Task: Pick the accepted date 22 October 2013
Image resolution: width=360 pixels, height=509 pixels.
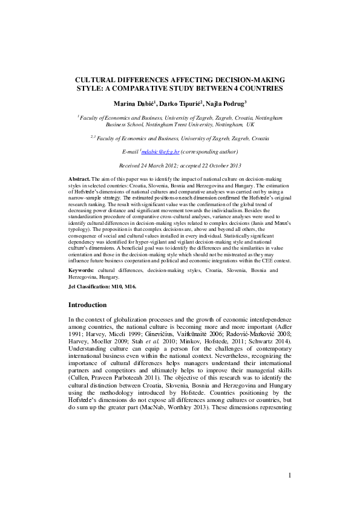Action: click(220, 164)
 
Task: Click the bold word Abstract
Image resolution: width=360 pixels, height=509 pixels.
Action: click(79, 180)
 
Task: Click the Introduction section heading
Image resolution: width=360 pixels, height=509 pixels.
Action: click(87, 305)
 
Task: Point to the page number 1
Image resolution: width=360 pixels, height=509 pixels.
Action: click(290, 475)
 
